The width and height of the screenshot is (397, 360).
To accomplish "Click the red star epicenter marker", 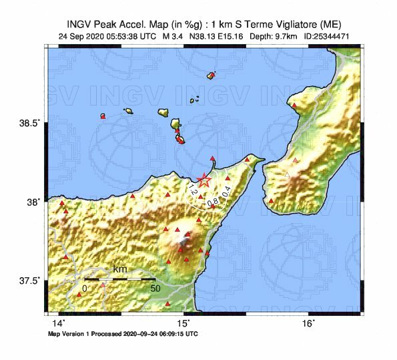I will click(x=204, y=180).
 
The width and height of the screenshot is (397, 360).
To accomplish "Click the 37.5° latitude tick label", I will click(x=33, y=280).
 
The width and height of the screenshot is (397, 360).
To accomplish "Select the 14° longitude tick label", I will click(x=59, y=324).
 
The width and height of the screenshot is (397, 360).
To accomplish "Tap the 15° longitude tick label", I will click(x=183, y=324).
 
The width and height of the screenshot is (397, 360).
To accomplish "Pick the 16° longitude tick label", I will click(x=308, y=324).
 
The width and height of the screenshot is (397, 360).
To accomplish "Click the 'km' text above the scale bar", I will click(x=120, y=269).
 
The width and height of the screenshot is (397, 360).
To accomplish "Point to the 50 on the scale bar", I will click(x=155, y=289).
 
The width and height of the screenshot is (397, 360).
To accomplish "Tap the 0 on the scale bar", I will click(x=84, y=289).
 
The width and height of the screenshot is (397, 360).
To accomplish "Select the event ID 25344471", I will click(x=328, y=35).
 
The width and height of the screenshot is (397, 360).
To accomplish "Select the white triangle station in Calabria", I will click(x=287, y=174).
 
